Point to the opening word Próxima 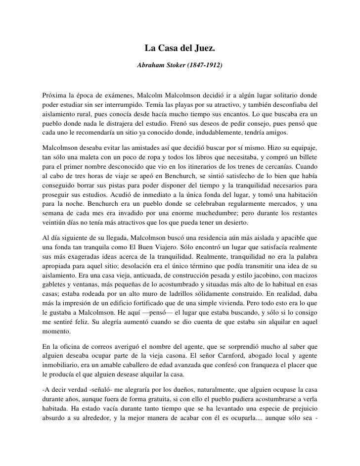pos(55,94)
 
